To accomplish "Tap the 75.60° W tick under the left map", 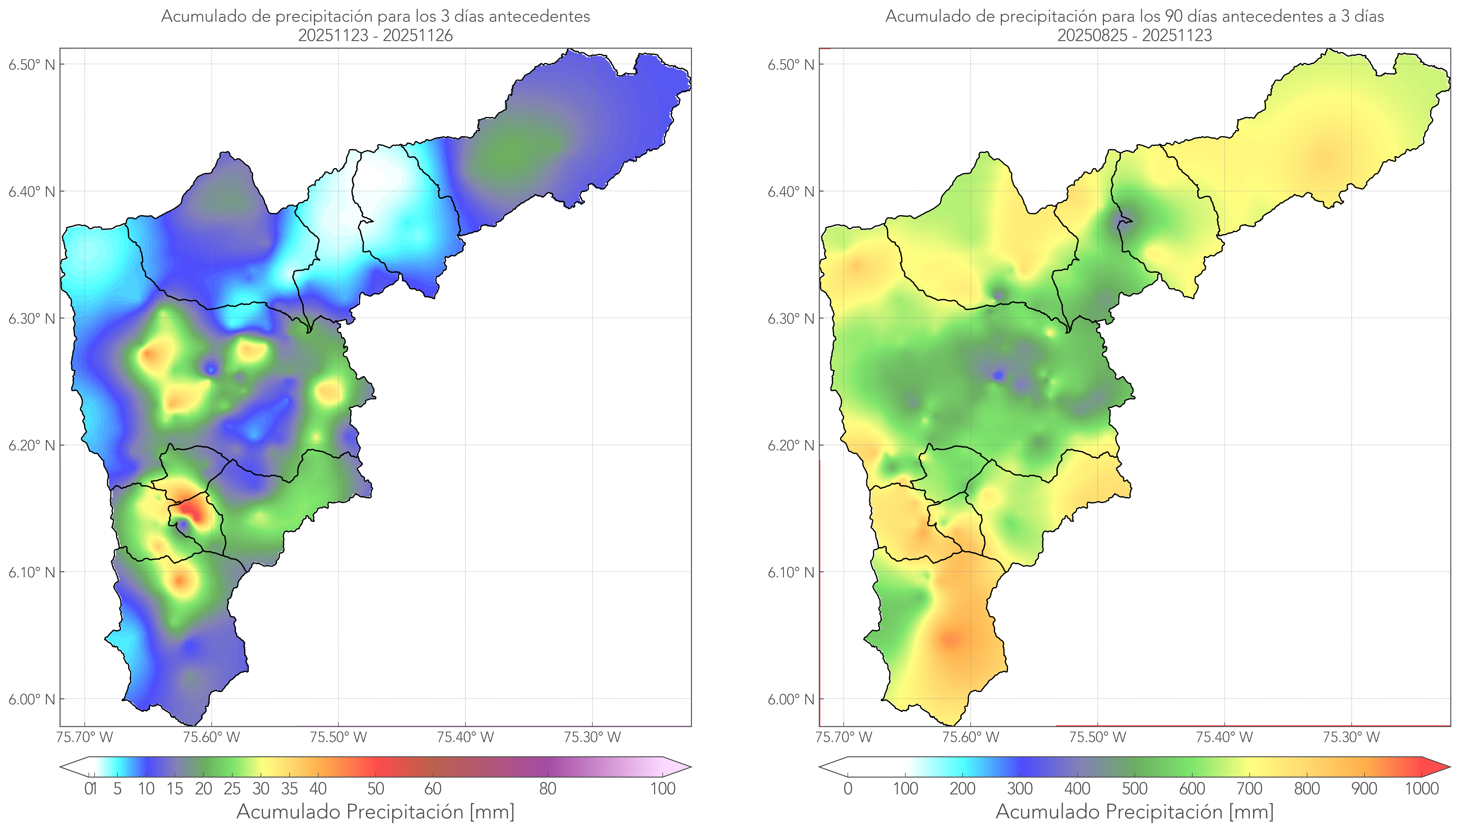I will coord(211,737).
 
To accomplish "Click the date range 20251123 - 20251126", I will coord(375,35).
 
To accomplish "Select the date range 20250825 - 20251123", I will coord(1134,35).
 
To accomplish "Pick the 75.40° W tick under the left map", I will coord(465,737).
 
